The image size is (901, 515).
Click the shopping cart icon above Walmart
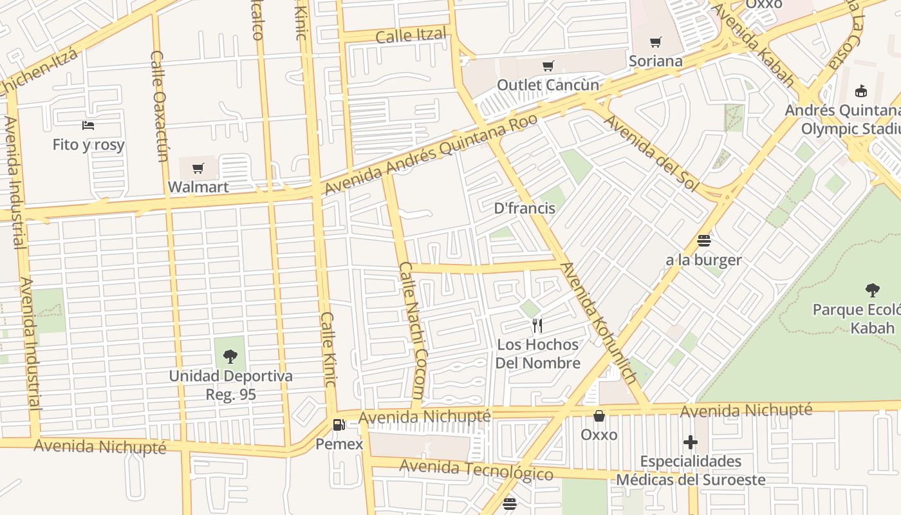pyautogui.click(x=198, y=168)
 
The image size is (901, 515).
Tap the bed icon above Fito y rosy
pyautogui.click(x=88, y=125)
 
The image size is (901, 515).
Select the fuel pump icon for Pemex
pyautogui.click(x=339, y=425)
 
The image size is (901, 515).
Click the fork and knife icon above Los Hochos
pyautogui.click(x=538, y=325)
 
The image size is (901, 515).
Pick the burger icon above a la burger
pyautogui.click(x=703, y=241)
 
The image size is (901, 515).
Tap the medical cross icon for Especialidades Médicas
pyautogui.click(x=691, y=442)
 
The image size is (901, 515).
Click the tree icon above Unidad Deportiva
pyautogui.click(x=230, y=356)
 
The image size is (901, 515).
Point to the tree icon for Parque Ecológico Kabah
pyautogui.click(x=873, y=290)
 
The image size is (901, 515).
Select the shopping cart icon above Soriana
pyautogui.click(x=655, y=42)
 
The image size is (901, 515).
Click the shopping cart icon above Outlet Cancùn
pyautogui.click(x=548, y=66)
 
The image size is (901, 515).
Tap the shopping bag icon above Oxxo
pyautogui.click(x=599, y=416)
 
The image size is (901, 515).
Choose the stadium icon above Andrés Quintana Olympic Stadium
pyautogui.click(x=861, y=91)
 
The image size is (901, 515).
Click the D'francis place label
pyautogui.click(x=525, y=208)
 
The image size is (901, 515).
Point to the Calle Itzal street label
pyautogui.click(x=411, y=35)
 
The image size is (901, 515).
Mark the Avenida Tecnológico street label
pyautogui.click(x=476, y=471)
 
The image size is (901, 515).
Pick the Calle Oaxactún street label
pyautogui.click(x=159, y=106)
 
